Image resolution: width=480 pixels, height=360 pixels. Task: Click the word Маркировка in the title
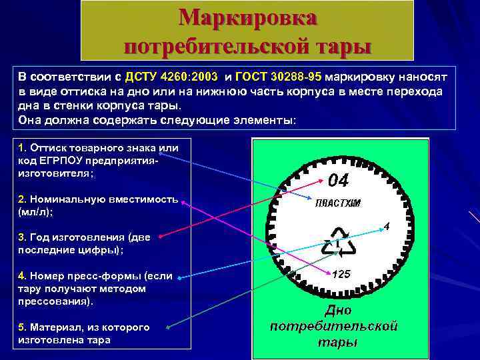coord(247,17)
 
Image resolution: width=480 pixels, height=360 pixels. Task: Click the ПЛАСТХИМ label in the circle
coord(337,203)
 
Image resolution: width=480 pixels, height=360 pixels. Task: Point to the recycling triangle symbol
coord(339,243)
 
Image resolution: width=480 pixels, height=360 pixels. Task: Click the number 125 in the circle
coord(341,275)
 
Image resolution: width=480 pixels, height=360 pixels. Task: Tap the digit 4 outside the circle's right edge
coord(386,227)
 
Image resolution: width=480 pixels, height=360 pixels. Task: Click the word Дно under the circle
coord(337,311)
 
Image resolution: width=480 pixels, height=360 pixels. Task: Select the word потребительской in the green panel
coord(334,326)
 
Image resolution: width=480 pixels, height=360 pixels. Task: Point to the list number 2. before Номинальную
coord(22,199)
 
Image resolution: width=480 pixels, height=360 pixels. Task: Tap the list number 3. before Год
coord(22,237)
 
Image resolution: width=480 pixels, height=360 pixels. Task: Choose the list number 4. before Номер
coord(22,275)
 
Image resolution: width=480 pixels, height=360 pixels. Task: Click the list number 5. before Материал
coord(22,327)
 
